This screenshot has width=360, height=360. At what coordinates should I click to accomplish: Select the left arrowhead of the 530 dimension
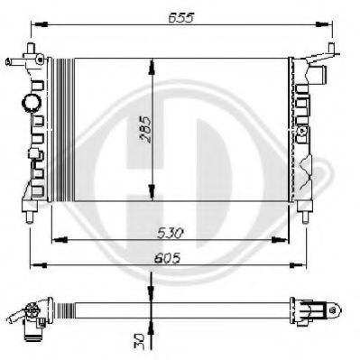pyautogui.click(x=58, y=240)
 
